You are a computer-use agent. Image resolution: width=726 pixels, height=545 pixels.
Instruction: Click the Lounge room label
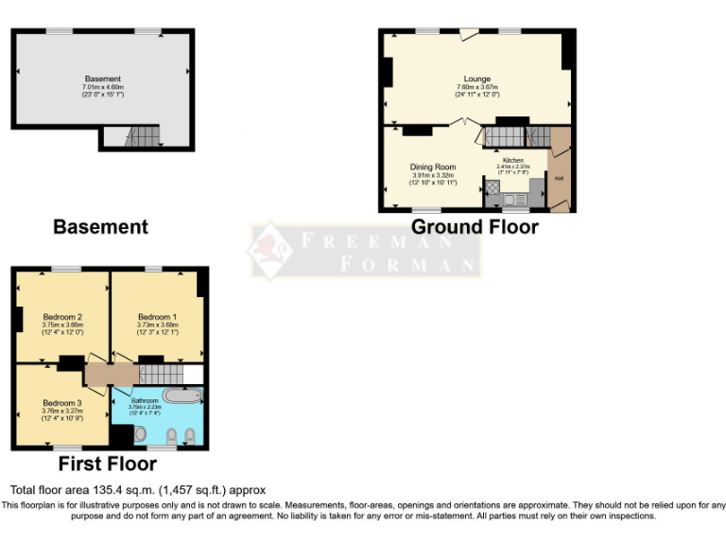476,79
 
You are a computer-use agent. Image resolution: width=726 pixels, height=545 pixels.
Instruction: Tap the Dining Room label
432,167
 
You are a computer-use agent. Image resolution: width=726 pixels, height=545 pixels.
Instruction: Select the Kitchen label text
512,160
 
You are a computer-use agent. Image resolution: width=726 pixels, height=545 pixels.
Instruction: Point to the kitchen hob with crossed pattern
492,187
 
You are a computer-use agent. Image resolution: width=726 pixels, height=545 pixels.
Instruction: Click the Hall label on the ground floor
559,178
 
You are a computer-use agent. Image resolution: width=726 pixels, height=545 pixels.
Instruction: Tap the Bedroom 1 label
157,316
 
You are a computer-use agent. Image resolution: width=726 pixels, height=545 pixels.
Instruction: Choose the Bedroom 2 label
62,316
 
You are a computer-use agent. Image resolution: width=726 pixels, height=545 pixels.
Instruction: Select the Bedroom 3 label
62,403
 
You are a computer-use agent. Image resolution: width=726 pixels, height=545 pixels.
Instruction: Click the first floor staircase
157,373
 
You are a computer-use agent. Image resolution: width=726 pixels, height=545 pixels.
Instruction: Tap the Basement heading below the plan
100,227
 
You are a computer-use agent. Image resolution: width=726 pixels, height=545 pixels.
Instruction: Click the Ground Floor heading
475,227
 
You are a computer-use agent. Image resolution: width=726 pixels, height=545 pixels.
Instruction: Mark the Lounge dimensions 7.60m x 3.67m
476,87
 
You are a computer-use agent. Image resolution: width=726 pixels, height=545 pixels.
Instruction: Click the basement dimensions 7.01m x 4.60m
103,87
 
